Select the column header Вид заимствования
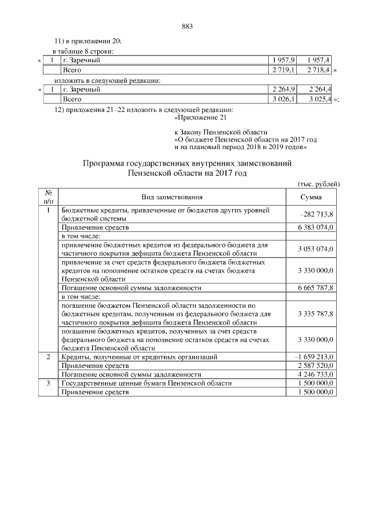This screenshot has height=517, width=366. (172, 197)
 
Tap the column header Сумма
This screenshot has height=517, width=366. (311, 197)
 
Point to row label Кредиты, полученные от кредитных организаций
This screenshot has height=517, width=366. (139, 357)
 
